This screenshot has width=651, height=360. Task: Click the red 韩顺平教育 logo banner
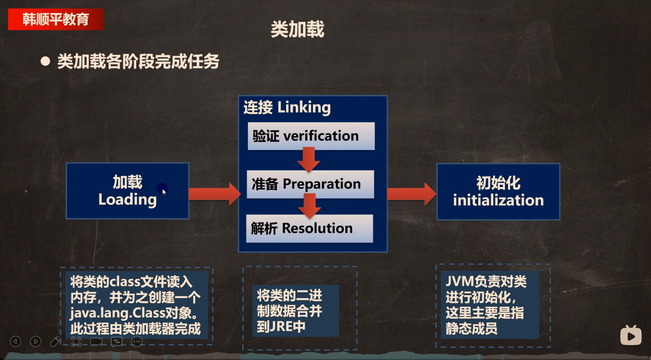pyautogui.click(x=56, y=19)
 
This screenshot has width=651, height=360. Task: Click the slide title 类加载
pyautogui.click(x=297, y=29)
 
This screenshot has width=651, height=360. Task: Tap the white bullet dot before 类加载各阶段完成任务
pyautogui.click(x=45, y=61)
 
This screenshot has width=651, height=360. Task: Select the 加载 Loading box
pyautogui.click(x=128, y=191)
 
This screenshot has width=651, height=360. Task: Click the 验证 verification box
pyautogui.click(x=311, y=136)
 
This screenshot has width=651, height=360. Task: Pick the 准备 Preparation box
pyautogui.click(x=310, y=184)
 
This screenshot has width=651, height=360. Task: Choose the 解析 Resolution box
pyautogui.click(x=310, y=229)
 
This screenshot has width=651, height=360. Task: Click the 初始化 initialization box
pyautogui.click(x=499, y=192)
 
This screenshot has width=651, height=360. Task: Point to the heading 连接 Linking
pyautogui.click(x=287, y=107)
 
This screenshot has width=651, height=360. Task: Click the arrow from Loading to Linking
pyautogui.click(x=214, y=194)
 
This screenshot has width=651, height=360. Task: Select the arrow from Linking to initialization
pyautogui.click(x=412, y=194)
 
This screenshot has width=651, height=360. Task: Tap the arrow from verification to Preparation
pyautogui.click(x=308, y=159)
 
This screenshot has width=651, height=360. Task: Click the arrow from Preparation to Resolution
pyautogui.click(x=310, y=206)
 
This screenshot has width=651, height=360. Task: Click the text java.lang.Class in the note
pyautogui.click(x=118, y=313)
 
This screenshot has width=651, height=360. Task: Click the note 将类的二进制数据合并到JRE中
pyautogui.click(x=290, y=311)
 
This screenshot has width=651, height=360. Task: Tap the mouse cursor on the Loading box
pyautogui.click(x=164, y=192)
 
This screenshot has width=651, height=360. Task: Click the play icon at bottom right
pyautogui.click(x=631, y=335)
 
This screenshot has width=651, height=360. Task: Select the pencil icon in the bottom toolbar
pyautogui.click(x=56, y=342)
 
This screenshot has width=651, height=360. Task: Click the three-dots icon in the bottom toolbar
pyautogui.click(x=137, y=342)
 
